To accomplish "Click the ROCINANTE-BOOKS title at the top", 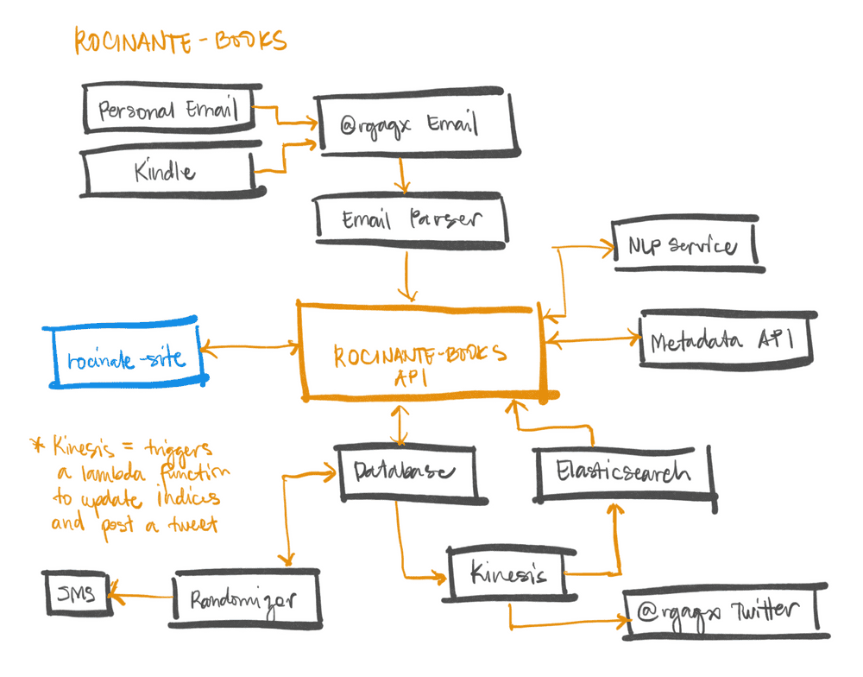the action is (x=180, y=41).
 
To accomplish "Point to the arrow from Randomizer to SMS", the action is (x=142, y=596).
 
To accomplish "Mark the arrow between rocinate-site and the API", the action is (x=251, y=347).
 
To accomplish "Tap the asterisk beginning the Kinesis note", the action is (x=37, y=444).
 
